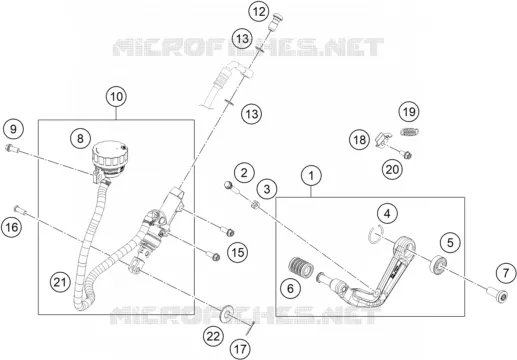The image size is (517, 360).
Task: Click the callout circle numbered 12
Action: coord(259,12)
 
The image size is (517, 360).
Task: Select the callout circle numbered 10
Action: coord(116,97)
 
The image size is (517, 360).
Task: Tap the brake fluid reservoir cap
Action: coord(110,153)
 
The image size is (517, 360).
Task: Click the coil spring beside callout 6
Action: coord(299,266)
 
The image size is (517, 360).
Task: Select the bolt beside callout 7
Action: coord(497,295)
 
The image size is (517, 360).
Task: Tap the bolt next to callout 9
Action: coord(12,149)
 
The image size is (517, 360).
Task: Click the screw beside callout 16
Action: coord(20,210)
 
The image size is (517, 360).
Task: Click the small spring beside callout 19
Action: coord(409,132)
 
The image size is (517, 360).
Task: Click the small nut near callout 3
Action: coord(255,203)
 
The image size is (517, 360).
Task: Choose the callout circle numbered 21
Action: coord(60,282)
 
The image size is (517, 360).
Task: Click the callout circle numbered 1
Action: coord(311,176)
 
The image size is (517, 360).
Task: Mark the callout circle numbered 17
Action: coord(240,349)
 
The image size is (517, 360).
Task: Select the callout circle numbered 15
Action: coord(238,252)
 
